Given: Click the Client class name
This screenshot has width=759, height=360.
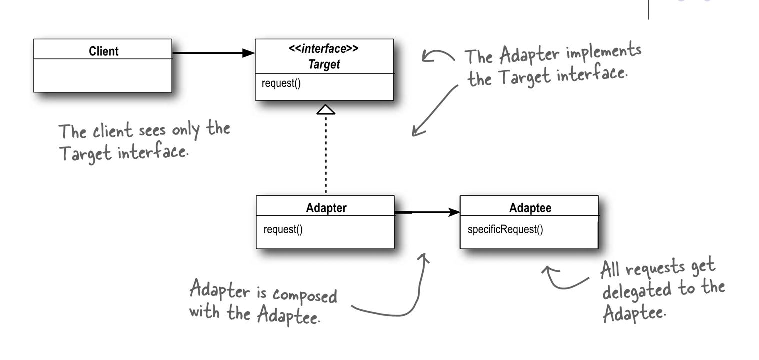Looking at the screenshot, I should click(103, 51).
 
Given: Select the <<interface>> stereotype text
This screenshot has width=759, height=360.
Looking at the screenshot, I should click(324, 49).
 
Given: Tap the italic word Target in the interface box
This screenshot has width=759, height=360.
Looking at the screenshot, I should click(324, 64).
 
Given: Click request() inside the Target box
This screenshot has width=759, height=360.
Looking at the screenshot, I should click(281, 83).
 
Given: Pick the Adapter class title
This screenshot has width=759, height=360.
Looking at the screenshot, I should click(326, 208).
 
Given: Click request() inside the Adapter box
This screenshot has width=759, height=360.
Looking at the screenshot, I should click(283, 230).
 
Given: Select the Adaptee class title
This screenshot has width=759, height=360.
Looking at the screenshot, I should click(530, 208).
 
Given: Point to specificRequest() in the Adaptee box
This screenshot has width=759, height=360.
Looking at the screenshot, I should click(505, 230).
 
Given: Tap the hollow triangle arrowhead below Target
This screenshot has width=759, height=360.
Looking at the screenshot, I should click(326, 109).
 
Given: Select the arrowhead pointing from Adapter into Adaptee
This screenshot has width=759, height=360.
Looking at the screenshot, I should click(454, 212).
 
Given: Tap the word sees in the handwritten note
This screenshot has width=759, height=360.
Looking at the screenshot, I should click(151, 131).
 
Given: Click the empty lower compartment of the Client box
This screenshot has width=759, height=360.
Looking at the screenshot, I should click(102, 75).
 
